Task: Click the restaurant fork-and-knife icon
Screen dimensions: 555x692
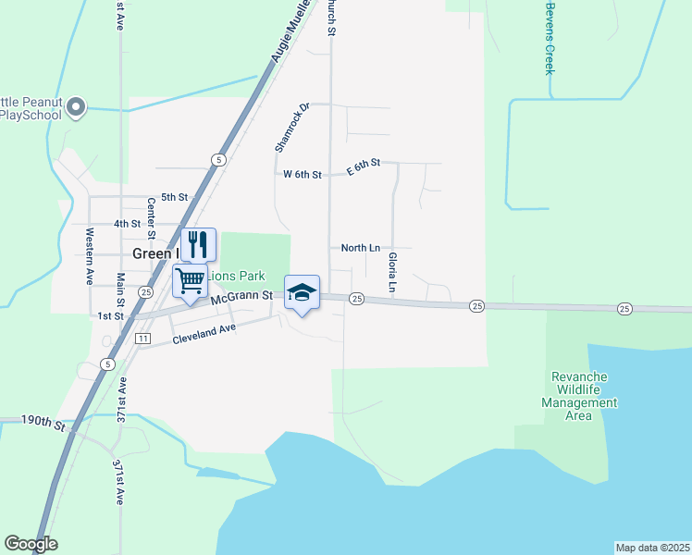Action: pyautogui.click(x=198, y=244)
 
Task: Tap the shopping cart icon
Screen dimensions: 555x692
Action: pyautogui.click(x=191, y=280)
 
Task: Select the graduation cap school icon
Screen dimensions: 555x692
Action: pyautogui.click(x=302, y=293)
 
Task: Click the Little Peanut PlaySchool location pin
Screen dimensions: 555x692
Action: pyautogui.click(x=76, y=108)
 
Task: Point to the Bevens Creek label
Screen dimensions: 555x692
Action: pyautogui.click(x=550, y=38)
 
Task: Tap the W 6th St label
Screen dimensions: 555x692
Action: pyautogui.click(x=302, y=174)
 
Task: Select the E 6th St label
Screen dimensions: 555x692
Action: pyautogui.click(x=364, y=164)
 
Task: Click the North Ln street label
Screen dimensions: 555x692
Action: pyautogui.click(x=360, y=248)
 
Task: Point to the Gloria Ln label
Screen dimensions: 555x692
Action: pyautogui.click(x=392, y=273)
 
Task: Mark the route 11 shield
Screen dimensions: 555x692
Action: pyautogui.click(x=142, y=339)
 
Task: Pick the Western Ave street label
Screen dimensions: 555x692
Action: pyautogui.click(x=90, y=255)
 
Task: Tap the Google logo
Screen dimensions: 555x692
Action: pyautogui.click(x=31, y=544)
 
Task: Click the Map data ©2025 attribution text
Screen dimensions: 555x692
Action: pyautogui.click(x=651, y=547)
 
